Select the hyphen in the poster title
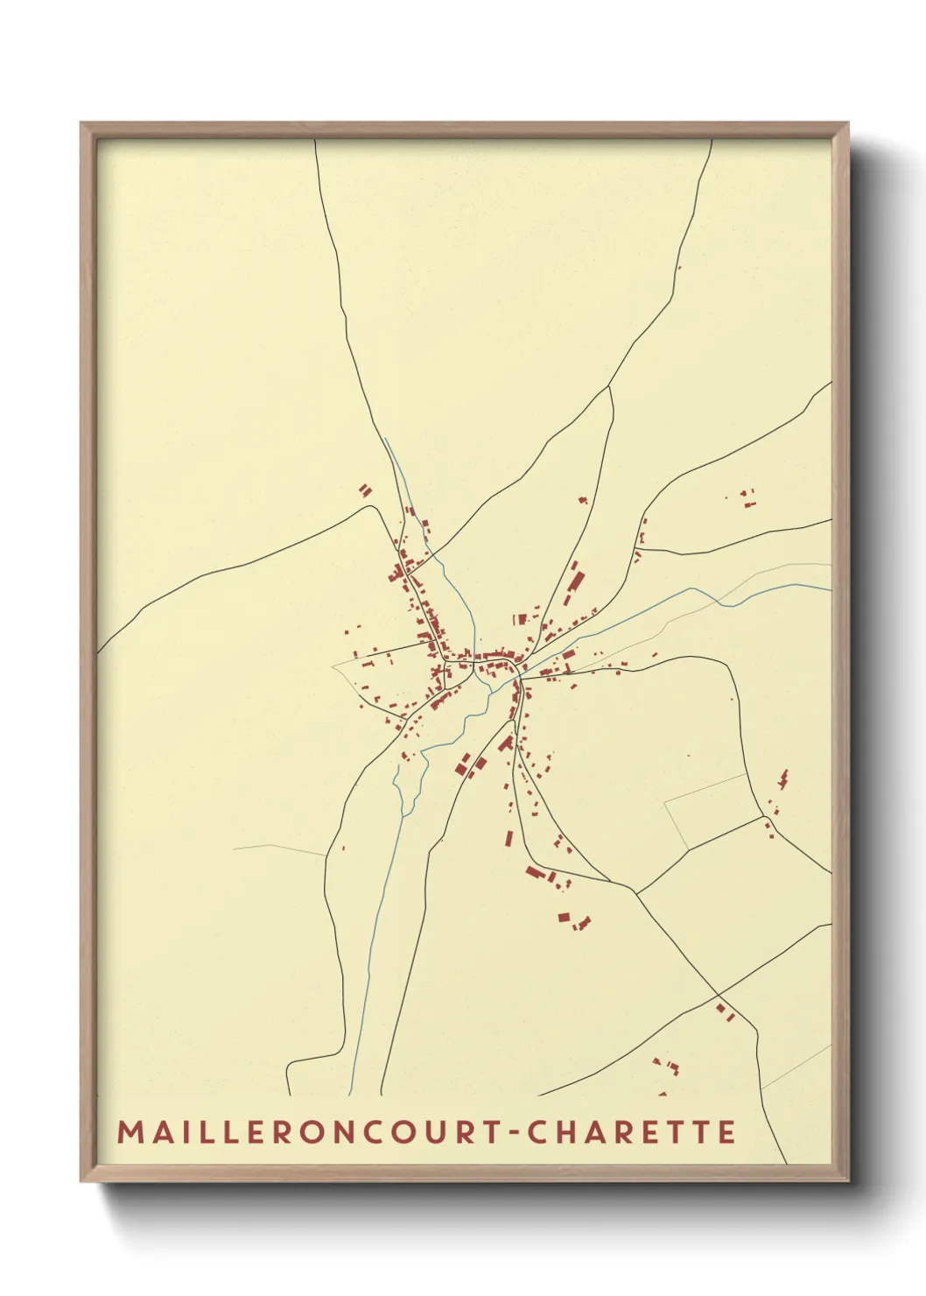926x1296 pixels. coord(516,1133)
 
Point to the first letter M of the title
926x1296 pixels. coord(128,1132)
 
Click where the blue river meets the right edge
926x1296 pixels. coord(828,589)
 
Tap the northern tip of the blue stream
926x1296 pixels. coord(385,440)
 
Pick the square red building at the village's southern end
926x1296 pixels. coord(565,918)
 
